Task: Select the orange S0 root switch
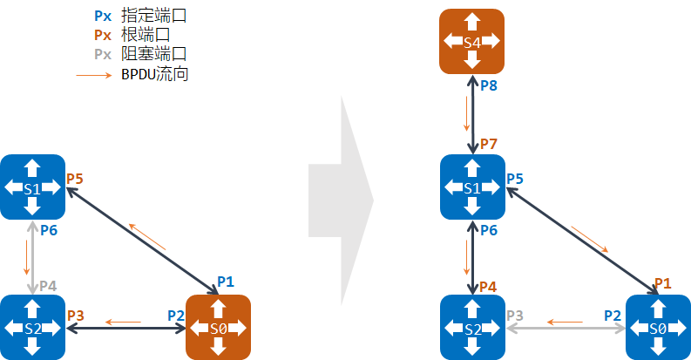click(219, 328)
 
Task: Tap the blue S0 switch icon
click(658, 328)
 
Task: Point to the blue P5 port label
click(515, 178)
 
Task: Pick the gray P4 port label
click(48, 286)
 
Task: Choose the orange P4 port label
click(488, 286)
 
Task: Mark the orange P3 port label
click(75, 315)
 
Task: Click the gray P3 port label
click(515, 315)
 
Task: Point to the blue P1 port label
click(226, 281)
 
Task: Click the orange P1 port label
click(662, 282)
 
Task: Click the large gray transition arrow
click(340, 201)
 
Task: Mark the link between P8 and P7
click(472, 114)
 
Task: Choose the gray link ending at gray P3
click(566, 329)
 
